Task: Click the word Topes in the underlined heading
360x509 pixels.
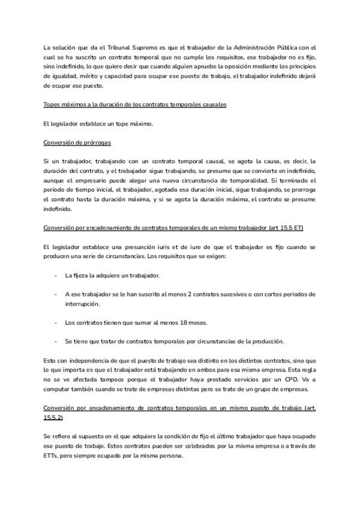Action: [52, 104]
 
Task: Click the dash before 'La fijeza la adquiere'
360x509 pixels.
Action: [55, 276]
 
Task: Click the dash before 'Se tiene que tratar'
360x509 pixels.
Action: [55, 342]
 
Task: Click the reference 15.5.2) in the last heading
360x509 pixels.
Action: [53, 417]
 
